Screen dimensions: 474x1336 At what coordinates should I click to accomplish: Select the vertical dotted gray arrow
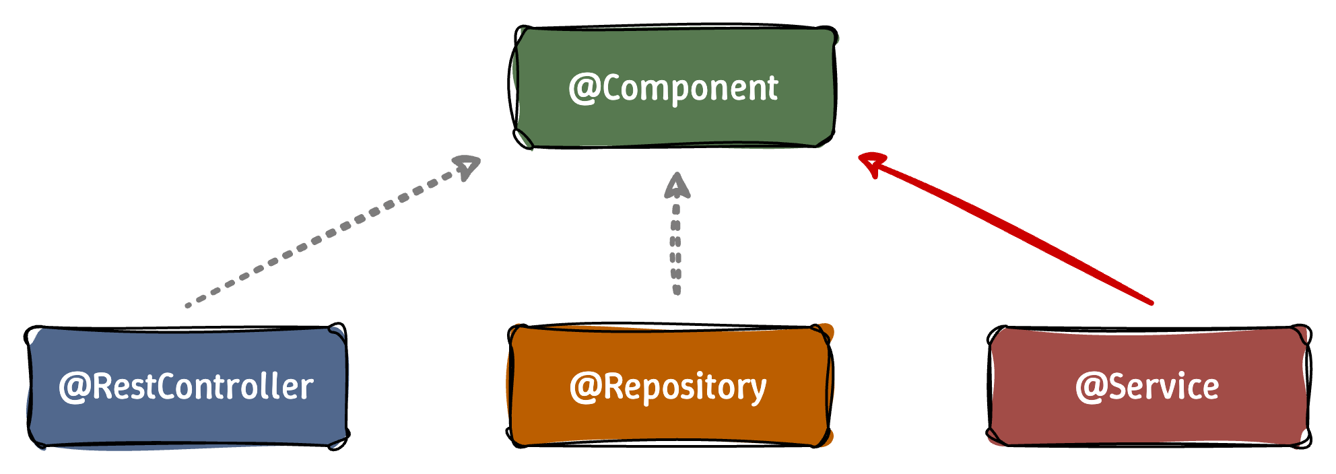[677, 249]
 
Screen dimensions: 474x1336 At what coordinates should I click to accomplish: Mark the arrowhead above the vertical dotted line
[677, 185]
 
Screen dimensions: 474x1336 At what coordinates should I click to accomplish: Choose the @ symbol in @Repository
[584, 388]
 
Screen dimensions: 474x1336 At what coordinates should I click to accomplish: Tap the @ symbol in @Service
[1090, 388]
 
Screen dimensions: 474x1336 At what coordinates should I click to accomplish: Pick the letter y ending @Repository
[758, 391]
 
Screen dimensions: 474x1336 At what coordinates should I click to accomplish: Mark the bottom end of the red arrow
[1151, 303]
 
